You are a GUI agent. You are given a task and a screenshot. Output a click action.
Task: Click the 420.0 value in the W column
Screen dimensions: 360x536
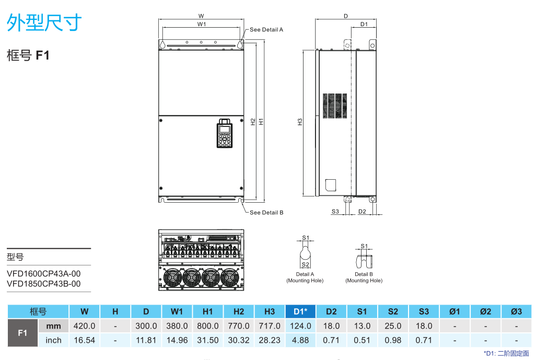click(x=84, y=326)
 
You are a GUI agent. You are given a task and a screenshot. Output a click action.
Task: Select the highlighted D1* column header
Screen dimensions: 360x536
click(x=300, y=311)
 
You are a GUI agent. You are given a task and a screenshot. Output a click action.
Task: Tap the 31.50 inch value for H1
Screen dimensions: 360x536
click(x=207, y=340)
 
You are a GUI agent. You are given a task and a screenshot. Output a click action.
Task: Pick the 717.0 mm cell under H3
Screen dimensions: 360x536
click(x=270, y=326)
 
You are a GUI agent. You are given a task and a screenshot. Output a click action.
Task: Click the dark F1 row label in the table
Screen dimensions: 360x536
click(x=22, y=333)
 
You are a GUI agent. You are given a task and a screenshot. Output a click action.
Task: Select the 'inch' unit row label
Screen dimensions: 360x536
click(x=53, y=340)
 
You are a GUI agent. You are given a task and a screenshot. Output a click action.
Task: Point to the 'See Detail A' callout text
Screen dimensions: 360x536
click(x=266, y=30)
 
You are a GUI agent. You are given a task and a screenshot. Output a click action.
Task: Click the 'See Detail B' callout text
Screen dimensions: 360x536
click(x=266, y=213)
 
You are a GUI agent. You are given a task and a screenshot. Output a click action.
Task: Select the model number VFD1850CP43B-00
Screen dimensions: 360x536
click(x=44, y=284)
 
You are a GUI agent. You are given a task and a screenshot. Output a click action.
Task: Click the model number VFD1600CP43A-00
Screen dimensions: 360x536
click(x=44, y=274)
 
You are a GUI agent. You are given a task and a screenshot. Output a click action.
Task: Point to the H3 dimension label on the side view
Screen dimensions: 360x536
click(x=300, y=122)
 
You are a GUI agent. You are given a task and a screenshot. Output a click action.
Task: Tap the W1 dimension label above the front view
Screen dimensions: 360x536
click(x=202, y=24)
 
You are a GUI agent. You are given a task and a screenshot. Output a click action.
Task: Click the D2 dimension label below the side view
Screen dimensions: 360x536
click(x=362, y=212)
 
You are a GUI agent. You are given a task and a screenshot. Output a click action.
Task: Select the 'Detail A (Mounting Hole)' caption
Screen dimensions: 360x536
click(x=305, y=277)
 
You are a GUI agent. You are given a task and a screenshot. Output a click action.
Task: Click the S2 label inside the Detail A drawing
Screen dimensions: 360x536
click(x=306, y=264)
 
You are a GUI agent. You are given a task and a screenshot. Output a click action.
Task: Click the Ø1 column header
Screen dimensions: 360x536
click(x=455, y=311)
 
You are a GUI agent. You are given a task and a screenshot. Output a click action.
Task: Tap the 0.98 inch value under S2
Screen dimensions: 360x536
click(x=393, y=340)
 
